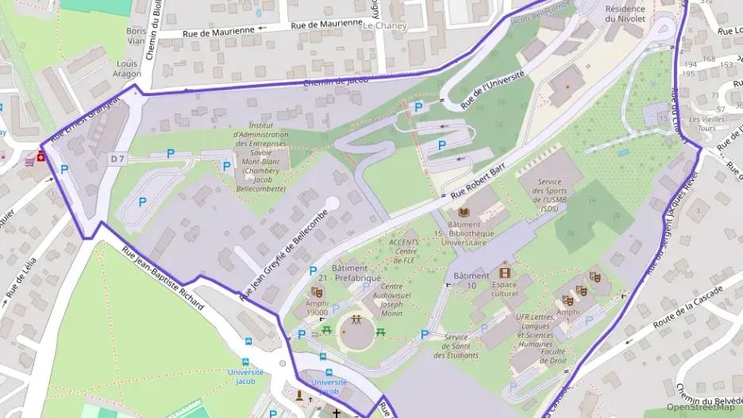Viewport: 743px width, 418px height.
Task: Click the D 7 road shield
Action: (117, 159)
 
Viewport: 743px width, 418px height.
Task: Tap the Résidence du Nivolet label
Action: (626, 13)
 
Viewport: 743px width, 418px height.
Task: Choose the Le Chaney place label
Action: (384, 25)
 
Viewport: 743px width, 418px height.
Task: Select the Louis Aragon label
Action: (127, 68)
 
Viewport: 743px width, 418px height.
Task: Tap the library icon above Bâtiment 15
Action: (464, 213)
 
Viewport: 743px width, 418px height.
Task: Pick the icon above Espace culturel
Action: (504, 272)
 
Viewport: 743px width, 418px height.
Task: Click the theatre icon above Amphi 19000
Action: (317, 292)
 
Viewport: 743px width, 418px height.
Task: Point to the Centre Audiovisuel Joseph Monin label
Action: (381, 300)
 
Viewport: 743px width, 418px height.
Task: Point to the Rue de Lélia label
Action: (21, 282)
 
